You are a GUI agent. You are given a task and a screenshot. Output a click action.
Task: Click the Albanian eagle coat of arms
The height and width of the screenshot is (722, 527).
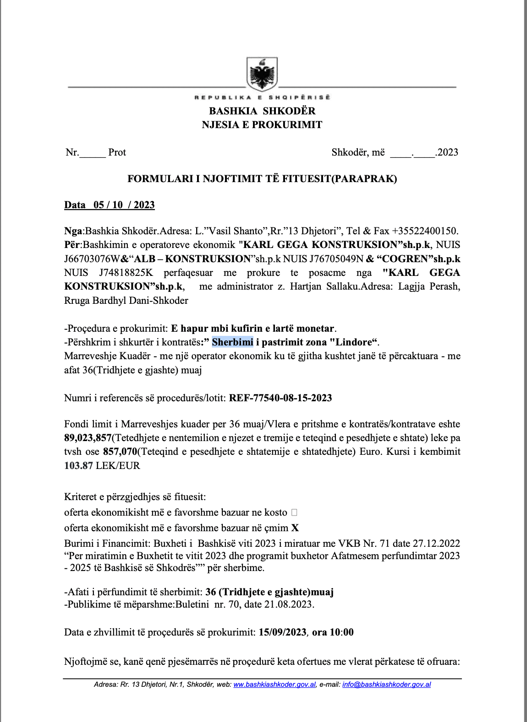(x=262, y=74)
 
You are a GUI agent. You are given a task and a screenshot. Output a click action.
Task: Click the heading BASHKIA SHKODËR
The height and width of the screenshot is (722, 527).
(x=262, y=111)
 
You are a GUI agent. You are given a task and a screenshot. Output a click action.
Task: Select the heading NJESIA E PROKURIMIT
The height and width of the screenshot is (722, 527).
(x=262, y=124)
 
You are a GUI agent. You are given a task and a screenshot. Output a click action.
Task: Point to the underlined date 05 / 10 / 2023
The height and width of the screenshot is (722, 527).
(x=124, y=205)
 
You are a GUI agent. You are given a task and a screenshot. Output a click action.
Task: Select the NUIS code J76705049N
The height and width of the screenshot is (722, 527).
(x=336, y=259)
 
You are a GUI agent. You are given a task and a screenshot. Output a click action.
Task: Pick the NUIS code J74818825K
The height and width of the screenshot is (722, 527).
(x=126, y=273)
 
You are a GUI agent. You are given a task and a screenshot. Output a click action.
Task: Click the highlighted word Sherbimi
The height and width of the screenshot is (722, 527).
(x=232, y=342)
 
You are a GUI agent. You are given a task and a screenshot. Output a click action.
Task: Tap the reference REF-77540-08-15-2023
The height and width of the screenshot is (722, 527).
(x=280, y=398)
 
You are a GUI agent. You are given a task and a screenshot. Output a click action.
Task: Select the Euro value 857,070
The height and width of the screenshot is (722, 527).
(x=120, y=452)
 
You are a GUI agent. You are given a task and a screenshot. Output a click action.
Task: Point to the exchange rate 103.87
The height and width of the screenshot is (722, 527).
(x=78, y=466)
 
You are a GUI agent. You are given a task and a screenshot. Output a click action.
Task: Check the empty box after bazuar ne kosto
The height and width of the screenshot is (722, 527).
(x=294, y=512)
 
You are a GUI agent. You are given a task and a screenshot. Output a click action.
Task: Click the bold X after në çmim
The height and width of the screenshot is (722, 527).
(x=295, y=528)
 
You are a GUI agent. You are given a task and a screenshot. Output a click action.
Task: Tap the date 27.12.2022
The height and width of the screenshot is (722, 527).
(x=436, y=544)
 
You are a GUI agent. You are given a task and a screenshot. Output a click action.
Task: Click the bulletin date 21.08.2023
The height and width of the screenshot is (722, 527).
(x=289, y=604)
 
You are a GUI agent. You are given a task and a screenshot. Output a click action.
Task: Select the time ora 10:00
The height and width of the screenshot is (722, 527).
(x=333, y=632)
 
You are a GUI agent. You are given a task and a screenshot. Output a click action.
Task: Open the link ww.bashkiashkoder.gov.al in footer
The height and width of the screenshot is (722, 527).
(x=274, y=684)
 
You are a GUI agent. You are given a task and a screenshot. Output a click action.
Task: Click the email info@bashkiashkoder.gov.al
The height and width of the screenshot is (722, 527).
(x=386, y=684)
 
